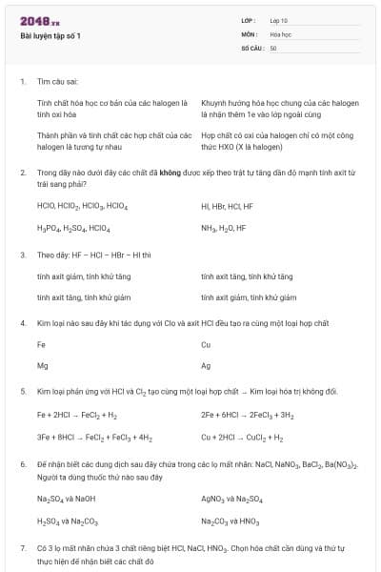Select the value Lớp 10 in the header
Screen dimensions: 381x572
[278, 20]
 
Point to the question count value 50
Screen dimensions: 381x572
[273, 48]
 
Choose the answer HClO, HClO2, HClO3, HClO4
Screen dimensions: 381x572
[82, 206]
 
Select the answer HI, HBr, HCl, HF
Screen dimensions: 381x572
[227, 206]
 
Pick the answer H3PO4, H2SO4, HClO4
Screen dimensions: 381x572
[73, 229]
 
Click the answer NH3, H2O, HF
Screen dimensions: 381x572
[223, 229]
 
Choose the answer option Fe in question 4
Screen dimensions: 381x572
[41, 344]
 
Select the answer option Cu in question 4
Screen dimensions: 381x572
[206, 344]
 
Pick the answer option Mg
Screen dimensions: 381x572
[42, 366]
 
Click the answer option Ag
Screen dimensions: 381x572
[206, 366]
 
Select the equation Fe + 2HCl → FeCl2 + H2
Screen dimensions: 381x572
[77, 416]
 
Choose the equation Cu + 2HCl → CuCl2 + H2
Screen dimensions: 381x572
[242, 438]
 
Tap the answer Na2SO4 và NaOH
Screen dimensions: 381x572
[66, 499]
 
